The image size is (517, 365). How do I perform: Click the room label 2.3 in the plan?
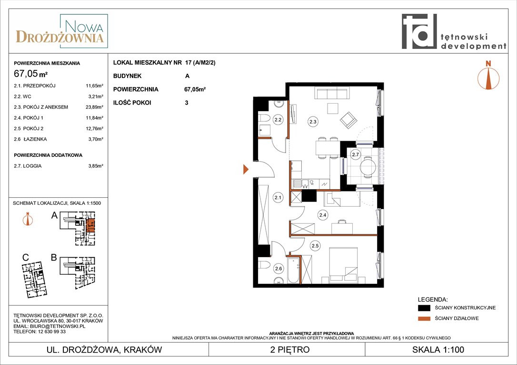(313, 122)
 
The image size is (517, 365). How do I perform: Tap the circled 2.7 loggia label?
(356, 154)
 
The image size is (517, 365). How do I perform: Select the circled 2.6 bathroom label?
(278, 269)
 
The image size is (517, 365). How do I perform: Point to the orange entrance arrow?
(246, 169)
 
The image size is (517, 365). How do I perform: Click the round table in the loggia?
(368, 166)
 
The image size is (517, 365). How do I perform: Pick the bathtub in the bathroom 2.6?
(293, 270)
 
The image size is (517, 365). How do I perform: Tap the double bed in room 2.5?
(344, 265)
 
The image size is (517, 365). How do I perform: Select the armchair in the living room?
(348, 120)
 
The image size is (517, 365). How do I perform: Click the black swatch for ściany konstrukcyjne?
(424, 308)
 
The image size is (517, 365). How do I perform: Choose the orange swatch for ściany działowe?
(424, 318)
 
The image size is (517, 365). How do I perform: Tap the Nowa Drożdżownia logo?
(62, 31)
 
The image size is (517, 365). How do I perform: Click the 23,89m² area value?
(94, 107)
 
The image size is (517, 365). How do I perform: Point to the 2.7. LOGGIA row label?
(28, 166)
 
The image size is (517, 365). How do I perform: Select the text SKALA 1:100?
(438, 349)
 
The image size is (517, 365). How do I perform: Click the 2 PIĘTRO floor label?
(290, 349)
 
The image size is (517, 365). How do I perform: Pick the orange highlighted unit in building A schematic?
(90, 225)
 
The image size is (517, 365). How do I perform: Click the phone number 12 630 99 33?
(50, 331)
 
